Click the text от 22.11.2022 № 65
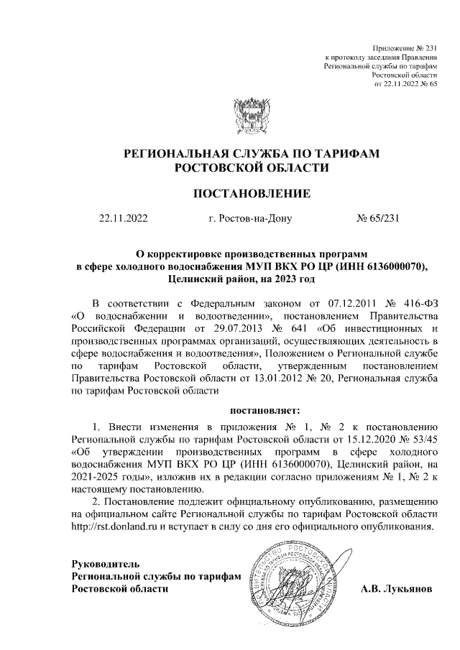point(406,84)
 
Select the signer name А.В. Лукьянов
point(397,589)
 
